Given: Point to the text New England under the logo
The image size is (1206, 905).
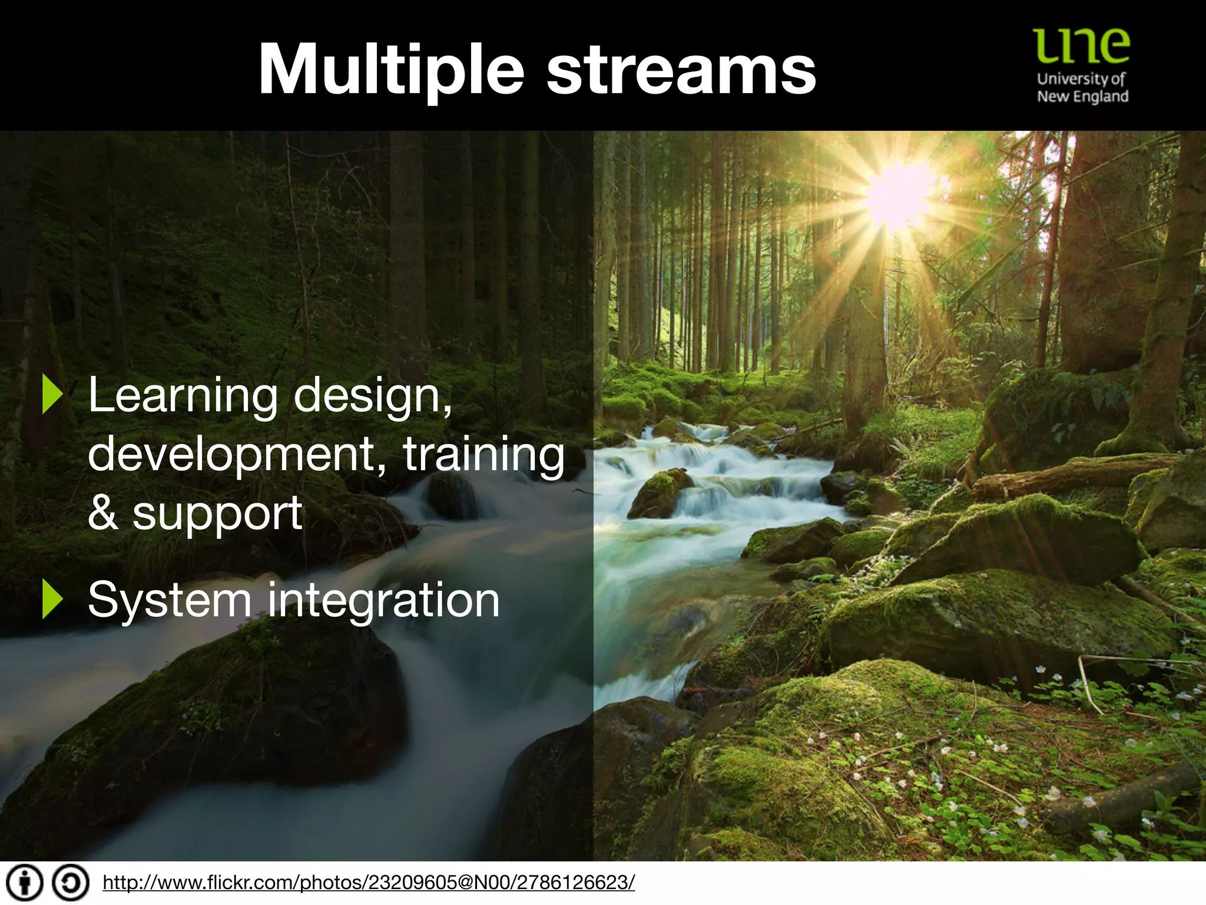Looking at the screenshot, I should (x=1082, y=97).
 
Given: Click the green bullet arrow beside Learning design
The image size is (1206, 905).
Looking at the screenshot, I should (x=52, y=395).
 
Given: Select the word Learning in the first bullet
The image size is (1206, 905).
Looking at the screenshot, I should (x=183, y=397).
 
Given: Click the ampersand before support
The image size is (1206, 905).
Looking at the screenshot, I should (x=103, y=513).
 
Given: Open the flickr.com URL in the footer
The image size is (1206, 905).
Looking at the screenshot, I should (x=369, y=883).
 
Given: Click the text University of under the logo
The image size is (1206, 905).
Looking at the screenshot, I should (x=1081, y=79).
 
